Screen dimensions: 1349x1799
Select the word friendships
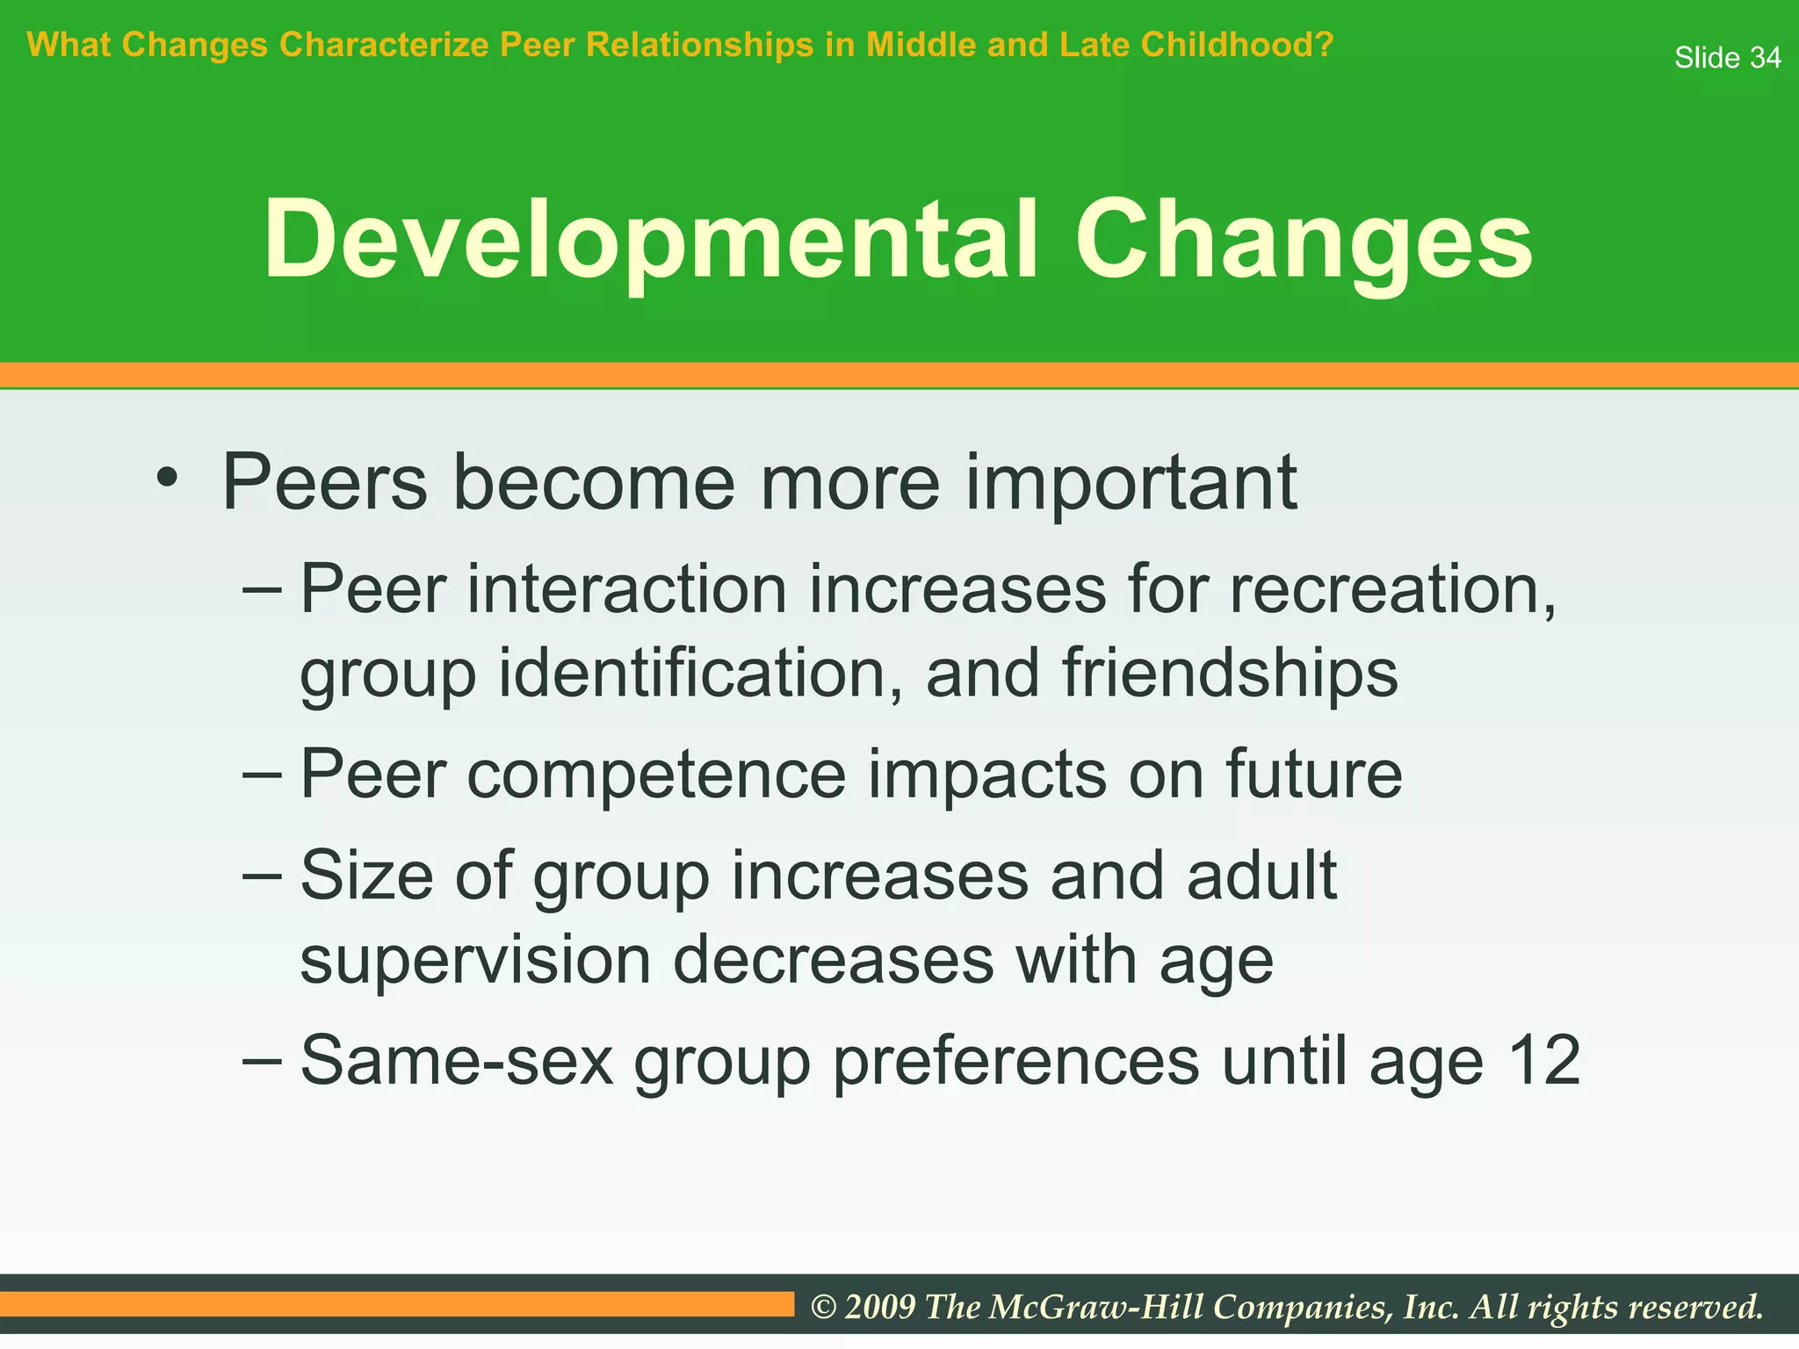point(1230,674)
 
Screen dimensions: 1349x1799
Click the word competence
point(656,775)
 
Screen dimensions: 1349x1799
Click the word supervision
point(475,960)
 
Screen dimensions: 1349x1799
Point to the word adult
point(1261,876)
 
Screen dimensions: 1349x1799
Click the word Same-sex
point(457,1062)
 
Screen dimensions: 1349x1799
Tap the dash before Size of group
point(262,875)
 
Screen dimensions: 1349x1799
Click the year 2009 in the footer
point(879,1308)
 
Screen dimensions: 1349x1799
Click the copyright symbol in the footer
point(823,1308)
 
